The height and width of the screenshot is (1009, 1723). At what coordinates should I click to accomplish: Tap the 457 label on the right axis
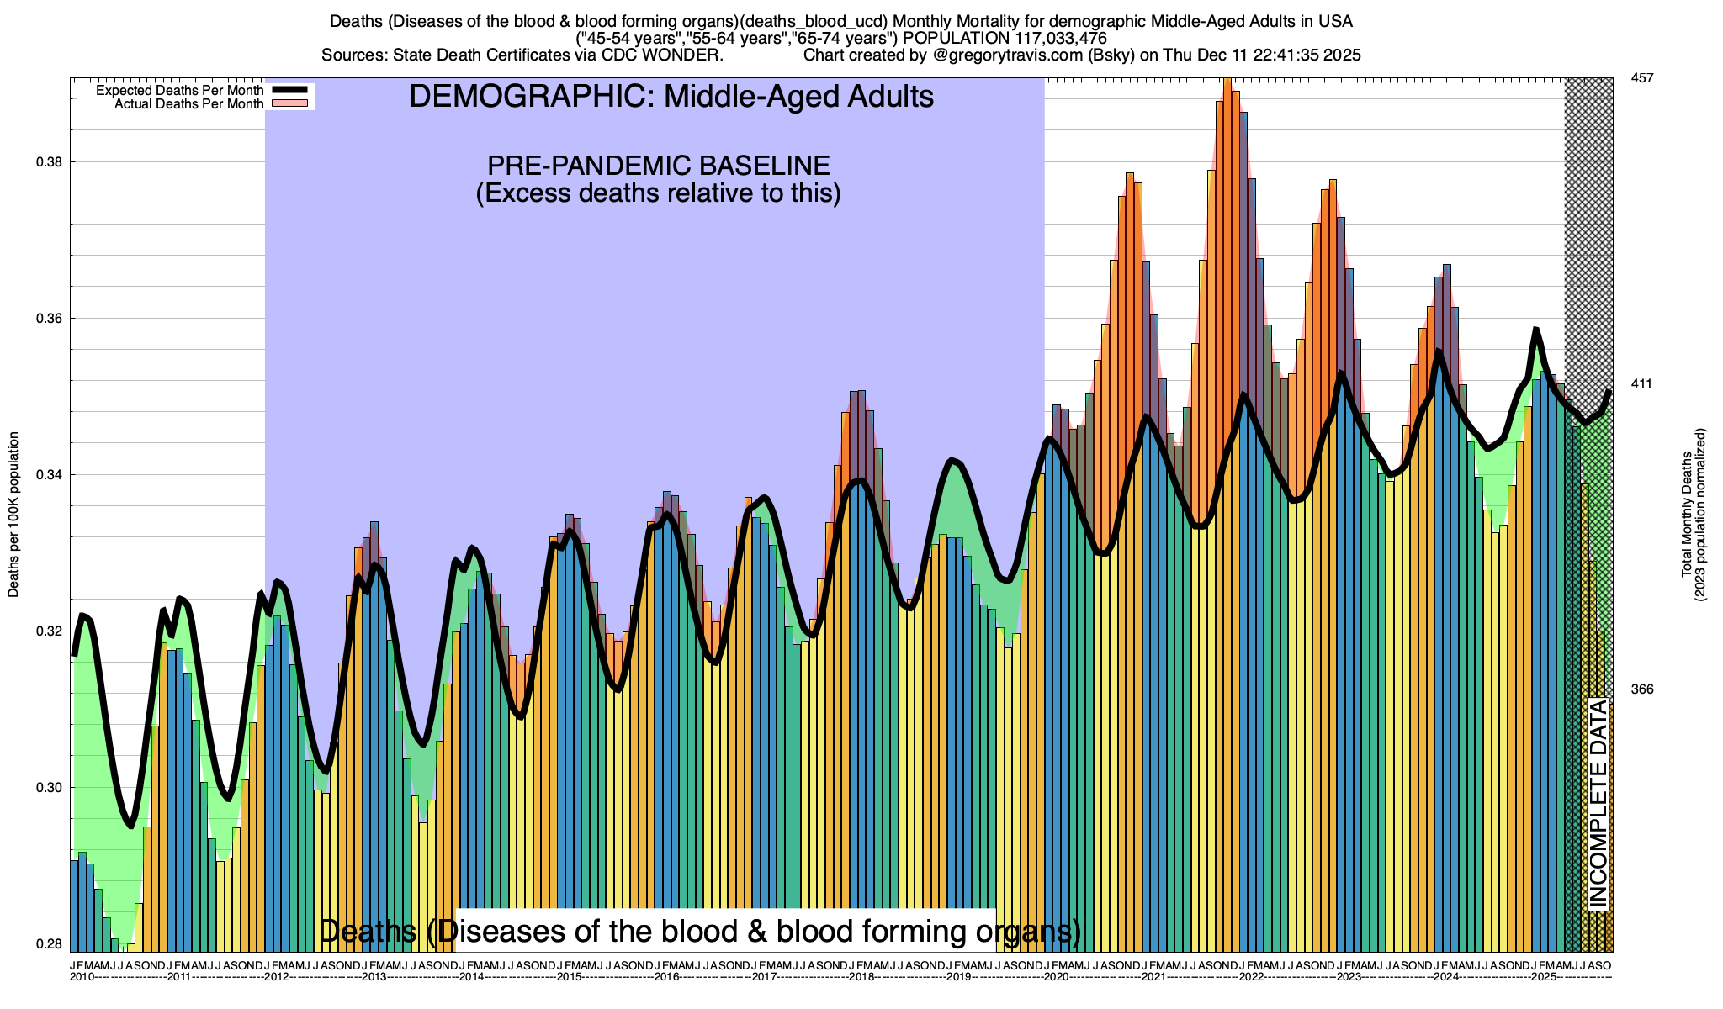tap(1641, 78)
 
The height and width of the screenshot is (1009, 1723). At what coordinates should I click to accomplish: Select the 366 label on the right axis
tap(1641, 689)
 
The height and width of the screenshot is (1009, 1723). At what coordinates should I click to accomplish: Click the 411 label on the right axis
tap(1641, 384)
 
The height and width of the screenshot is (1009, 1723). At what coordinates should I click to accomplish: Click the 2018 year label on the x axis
tap(861, 977)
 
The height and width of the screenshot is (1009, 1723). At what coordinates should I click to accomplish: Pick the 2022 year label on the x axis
tap(1251, 977)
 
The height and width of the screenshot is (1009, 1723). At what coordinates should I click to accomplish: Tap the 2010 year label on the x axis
tap(82, 977)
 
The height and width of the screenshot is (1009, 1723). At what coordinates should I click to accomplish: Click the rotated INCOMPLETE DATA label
tap(1598, 803)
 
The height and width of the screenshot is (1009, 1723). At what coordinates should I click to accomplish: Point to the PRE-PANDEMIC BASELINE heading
tap(659, 166)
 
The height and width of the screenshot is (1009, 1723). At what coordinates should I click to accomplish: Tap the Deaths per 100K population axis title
tap(13, 515)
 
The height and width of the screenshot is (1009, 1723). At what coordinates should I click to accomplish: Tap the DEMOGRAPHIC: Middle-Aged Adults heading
tap(671, 97)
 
